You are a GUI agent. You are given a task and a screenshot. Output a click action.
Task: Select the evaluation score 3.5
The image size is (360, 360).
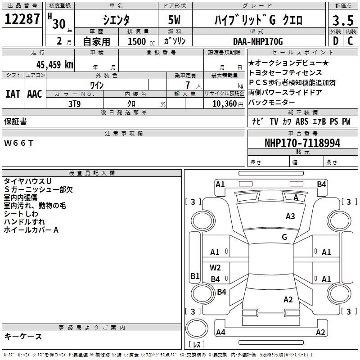coord(342,20)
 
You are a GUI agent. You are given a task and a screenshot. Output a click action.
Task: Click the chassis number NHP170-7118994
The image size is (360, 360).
coord(302,143)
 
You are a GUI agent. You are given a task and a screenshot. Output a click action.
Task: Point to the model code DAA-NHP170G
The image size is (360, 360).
coord(258,41)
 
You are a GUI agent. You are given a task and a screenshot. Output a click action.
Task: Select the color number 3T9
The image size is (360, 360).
coord(74,103)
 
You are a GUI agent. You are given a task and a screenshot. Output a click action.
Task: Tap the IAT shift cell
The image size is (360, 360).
coord(13,94)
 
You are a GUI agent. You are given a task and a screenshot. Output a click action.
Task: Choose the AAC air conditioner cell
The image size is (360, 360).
coord(35,94)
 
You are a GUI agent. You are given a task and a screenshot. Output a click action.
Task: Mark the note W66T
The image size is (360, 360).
coord(19,143)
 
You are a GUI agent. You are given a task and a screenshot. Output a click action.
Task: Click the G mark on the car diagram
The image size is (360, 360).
coord(284,237)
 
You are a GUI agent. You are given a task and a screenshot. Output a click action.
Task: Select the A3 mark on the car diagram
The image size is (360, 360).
coord(290,216)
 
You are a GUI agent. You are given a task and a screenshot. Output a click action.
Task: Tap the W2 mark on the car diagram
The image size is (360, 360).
coord(216,268)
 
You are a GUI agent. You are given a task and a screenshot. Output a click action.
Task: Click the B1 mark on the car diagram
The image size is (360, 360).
coord(195,276)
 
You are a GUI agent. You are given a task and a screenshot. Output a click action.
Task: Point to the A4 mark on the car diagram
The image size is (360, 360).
coord(220,333)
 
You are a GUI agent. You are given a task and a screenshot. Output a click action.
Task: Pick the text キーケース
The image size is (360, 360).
coord(23,336)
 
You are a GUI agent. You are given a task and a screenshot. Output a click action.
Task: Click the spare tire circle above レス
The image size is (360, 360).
coord(197,330)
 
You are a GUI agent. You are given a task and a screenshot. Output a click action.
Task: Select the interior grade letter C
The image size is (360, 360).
coord(350,41)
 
